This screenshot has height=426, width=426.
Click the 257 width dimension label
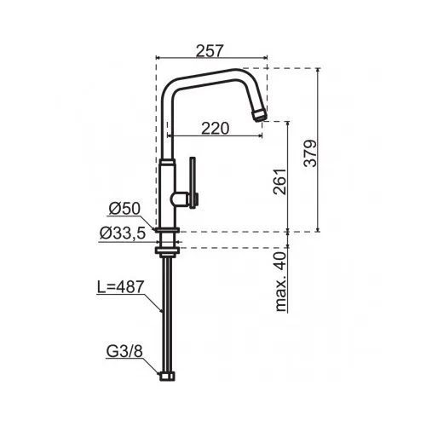pyautogui.click(x=210, y=51)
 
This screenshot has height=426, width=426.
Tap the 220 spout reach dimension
pyautogui.click(x=215, y=129)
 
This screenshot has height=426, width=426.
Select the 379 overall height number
pyautogui.click(x=310, y=153)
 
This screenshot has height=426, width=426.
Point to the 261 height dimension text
pyautogui.click(x=279, y=181)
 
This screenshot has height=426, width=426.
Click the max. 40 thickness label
pyautogui.click(x=280, y=282)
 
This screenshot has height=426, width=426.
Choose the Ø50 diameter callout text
pyautogui.click(x=124, y=209)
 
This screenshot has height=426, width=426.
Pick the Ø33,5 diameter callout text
pyautogui.click(x=123, y=233)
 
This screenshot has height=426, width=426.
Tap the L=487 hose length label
pyautogui.click(x=121, y=287)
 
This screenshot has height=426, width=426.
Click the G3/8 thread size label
pyautogui.click(x=124, y=352)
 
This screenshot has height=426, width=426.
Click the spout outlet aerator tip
pyautogui.click(x=260, y=115)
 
